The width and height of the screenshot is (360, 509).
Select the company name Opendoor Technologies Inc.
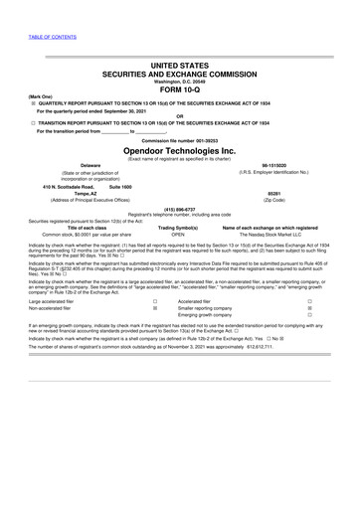point(179,166)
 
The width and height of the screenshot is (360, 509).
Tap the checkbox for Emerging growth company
point(310,342)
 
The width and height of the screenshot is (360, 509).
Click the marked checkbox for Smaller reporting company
point(310,335)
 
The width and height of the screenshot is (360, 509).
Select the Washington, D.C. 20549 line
point(180,80)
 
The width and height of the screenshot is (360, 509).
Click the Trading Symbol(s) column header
point(179,254)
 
